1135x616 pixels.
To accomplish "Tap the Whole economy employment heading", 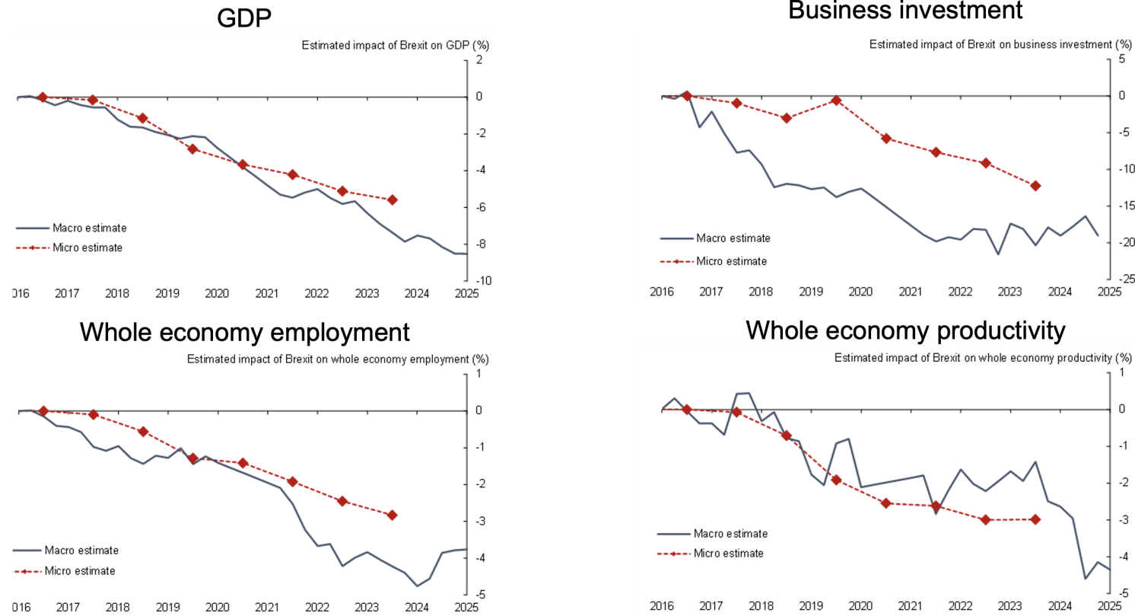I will click(x=245, y=332).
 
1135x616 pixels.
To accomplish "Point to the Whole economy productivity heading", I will click(x=905, y=330).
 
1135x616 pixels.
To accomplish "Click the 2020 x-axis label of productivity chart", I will click(x=860, y=606).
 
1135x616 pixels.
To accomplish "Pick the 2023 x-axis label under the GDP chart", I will click(x=367, y=293).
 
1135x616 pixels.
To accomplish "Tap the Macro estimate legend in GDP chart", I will click(x=89, y=227).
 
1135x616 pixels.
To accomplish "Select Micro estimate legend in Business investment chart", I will click(x=731, y=261).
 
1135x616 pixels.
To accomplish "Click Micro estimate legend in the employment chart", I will click(x=80, y=570).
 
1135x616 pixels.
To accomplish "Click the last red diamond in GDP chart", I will click(x=393, y=199).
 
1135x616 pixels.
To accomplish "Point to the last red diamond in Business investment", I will click(x=1035, y=185).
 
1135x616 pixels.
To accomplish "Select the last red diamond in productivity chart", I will click(x=1035, y=519).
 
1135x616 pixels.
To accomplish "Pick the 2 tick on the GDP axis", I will click(x=478, y=60).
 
